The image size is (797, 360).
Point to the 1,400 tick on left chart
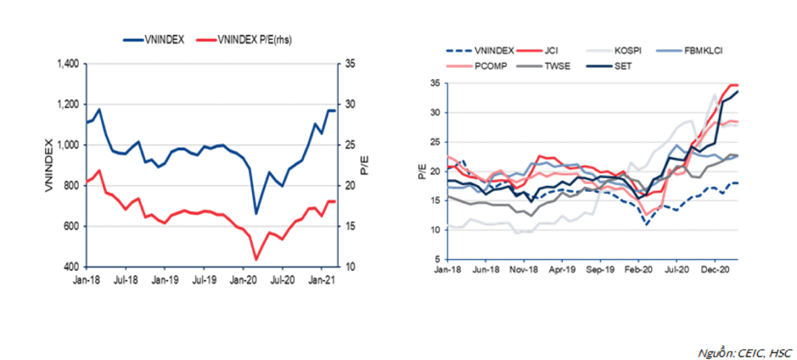tap(66, 64)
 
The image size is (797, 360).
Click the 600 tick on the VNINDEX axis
tap(71, 226)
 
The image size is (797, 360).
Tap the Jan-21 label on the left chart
tap(319, 278)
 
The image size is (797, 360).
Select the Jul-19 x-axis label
tap(204, 278)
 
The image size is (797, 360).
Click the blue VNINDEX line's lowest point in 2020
tap(256, 214)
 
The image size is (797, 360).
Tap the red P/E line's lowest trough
tap(256, 259)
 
